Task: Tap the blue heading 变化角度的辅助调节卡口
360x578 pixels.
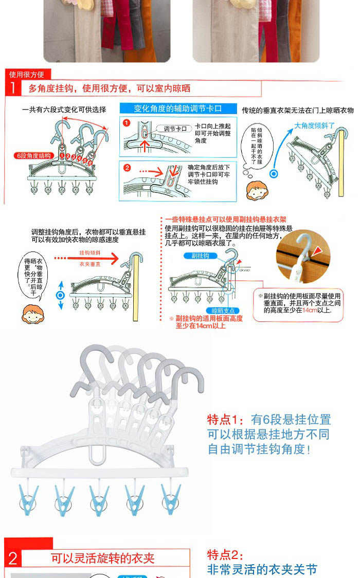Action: tap(177, 109)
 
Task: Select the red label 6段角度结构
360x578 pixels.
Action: tap(34, 155)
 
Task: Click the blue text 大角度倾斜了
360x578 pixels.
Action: tap(314, 125)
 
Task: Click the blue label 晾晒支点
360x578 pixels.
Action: tap(223, 311)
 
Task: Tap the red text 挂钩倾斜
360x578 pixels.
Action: tap(88, 253)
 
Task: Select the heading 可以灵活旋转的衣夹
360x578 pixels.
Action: tap(102, 558)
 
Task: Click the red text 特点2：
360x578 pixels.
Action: tap(224, 554)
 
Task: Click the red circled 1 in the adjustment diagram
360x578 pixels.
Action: tap(126, 123)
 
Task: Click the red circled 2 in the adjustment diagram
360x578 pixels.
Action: tap(127, 168)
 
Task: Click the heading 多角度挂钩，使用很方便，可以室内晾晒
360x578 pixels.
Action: tap(109, 89)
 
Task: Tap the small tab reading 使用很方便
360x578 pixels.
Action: tap(26, 75)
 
